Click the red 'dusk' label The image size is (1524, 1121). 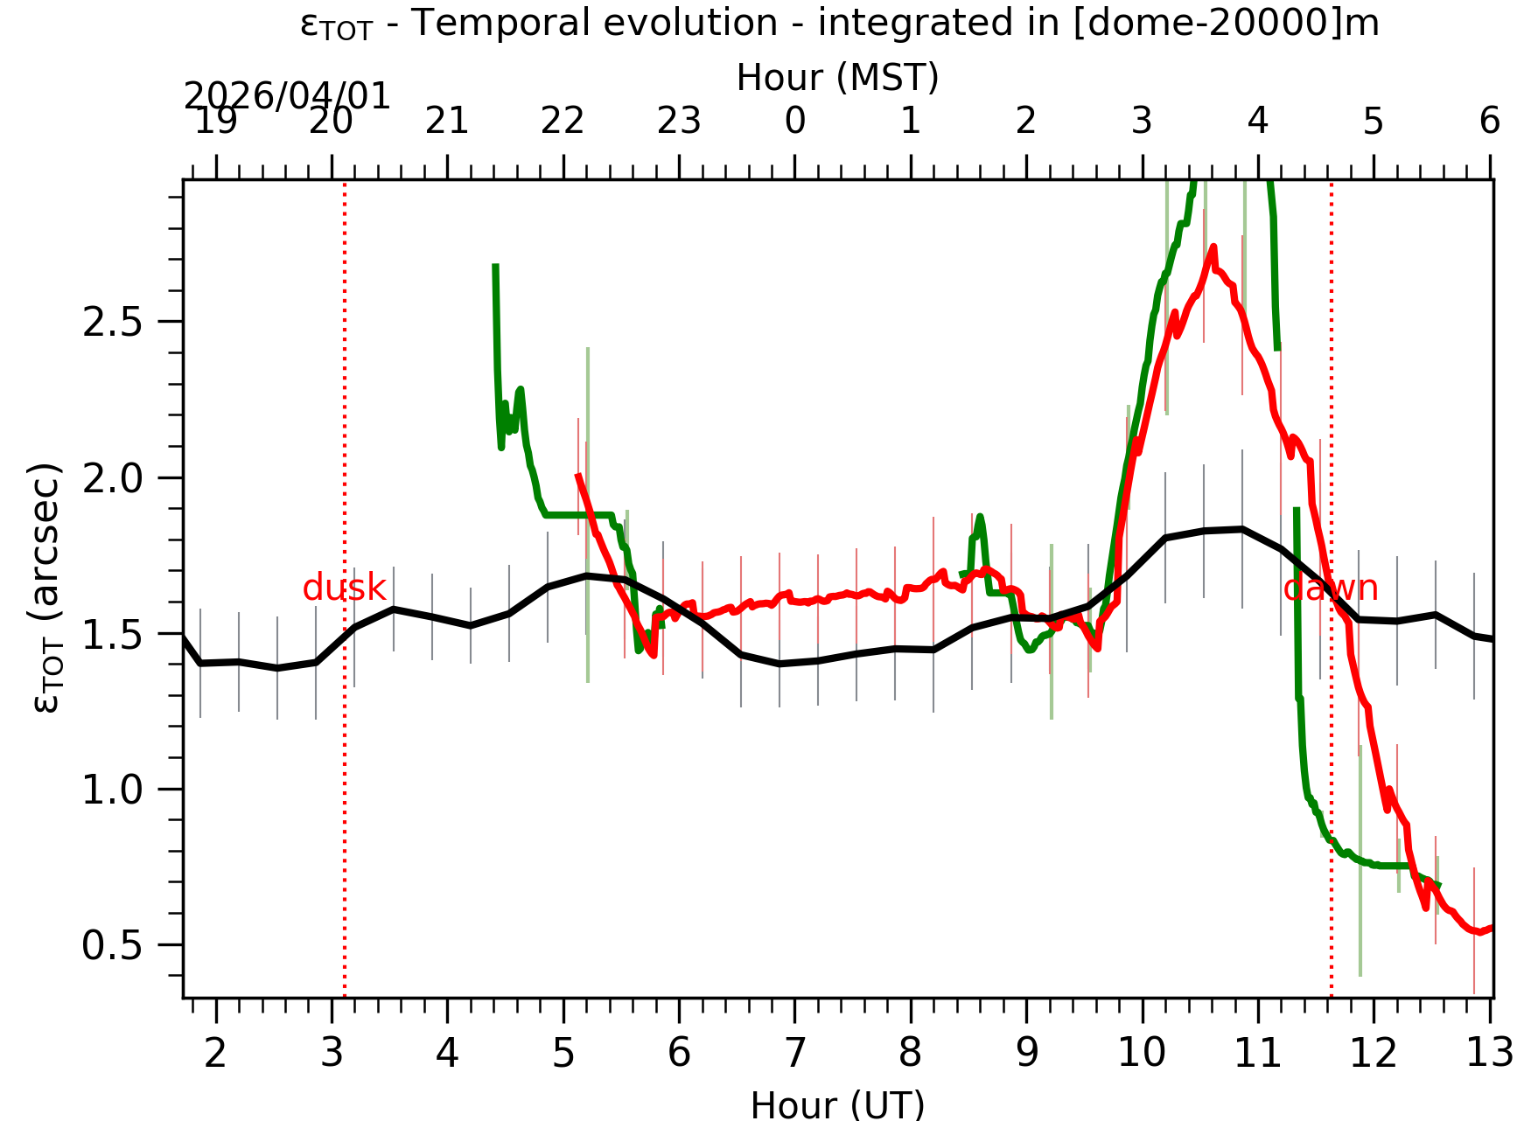pos(344,588)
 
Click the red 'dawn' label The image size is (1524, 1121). pos(1330,588)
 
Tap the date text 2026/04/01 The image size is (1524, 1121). pos(287,96)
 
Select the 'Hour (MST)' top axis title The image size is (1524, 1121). pos(837,78)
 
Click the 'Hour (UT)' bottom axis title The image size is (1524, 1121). pos(837,1104)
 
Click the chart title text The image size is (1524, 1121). pos(839,24)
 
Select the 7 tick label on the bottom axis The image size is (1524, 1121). pos(794,1053)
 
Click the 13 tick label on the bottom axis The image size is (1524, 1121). pos(1489,1053)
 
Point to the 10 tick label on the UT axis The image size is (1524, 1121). pos(1142,1053)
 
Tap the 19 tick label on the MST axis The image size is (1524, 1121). pos(215,122)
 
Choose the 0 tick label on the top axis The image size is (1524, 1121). pos(794,122)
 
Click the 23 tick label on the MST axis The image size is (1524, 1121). pos(679,122)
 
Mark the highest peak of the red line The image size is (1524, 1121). pos(1213,247)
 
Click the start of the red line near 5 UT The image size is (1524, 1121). pos(577,475)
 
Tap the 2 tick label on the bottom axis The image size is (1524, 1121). pos(215,1053)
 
